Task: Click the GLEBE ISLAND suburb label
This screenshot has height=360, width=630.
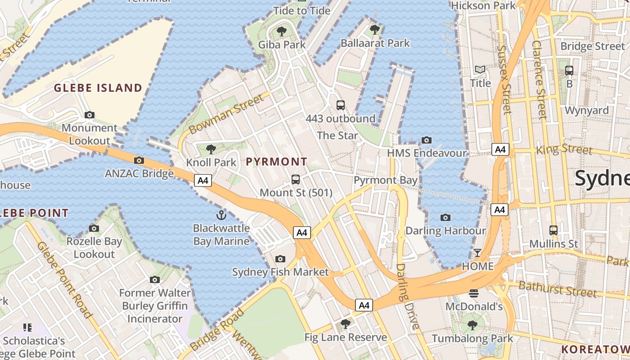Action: (x=98, y=88)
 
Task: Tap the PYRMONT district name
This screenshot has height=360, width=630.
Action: (x=277, y=162)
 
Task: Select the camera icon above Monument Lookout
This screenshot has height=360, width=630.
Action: (x=90, y=115)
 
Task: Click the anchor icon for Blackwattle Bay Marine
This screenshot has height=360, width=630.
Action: (x=221, y=215)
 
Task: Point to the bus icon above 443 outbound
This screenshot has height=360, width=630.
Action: (x=341, y=105)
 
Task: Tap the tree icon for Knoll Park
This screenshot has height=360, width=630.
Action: (x=211, y=149)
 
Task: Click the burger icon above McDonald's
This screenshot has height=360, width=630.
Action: (x=473, y=293)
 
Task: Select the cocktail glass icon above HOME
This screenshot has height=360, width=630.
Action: (x=477, y=253)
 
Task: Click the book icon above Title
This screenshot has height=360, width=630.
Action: (x=480, y=70)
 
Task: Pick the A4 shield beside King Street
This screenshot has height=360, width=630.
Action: (x=500, y=149)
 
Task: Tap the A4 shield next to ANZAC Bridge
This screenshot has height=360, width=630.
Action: (x=203, y=180)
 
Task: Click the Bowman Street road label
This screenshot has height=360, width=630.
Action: (x=226, y=114)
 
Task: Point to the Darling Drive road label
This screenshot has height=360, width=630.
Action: (x=407, y=296)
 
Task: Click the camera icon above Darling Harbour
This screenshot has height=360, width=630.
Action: (x=445, y=218)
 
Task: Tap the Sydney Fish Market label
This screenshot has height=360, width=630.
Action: (x=280, y=272)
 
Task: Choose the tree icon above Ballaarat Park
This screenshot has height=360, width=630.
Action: (x=374, y=30)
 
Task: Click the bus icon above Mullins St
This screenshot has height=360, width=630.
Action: (x=553, y=230)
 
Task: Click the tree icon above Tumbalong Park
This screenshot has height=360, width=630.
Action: (x=472, y=325)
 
